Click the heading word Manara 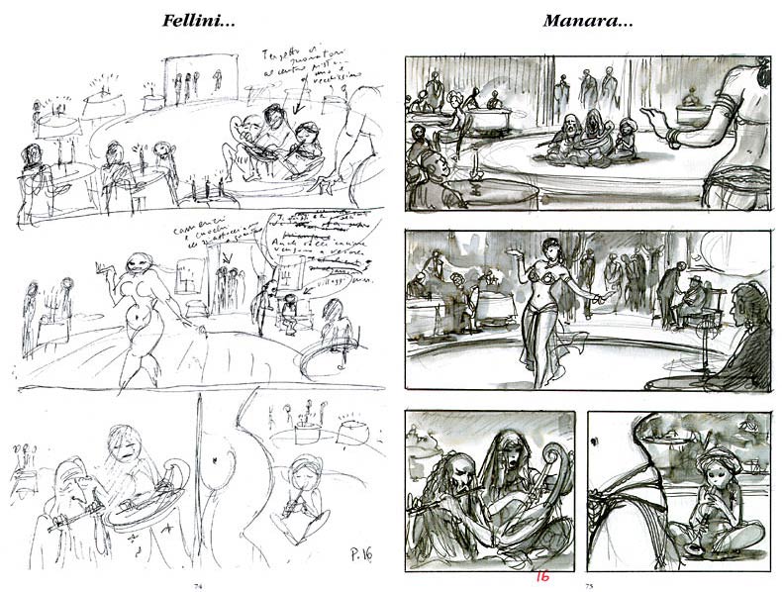[x=583, y=20]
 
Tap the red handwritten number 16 [x=541, y=576]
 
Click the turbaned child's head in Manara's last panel [x=713, y=461]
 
